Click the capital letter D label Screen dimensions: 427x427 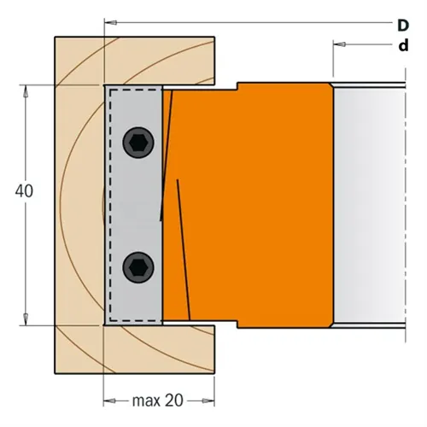click(x=401, y=25)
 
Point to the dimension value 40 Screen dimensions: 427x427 click(x=23, y=192)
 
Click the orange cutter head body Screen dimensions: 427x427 click(x=256, y=205)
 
